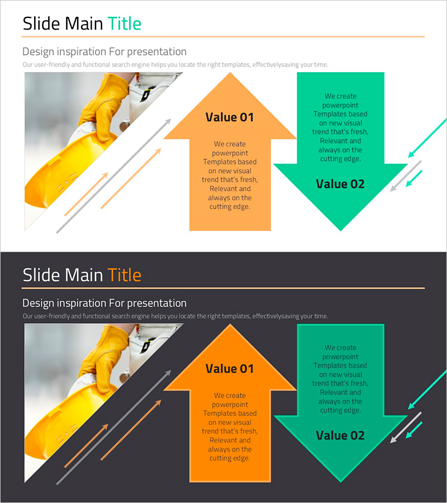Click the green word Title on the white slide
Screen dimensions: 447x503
pyautogui.click(x=125, y=23)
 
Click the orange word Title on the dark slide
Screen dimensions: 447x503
pyautogui.click(x=125, y=275)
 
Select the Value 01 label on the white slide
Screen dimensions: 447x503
pyautogui.click(x=230, y=117)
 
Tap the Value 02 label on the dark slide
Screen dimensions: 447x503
pyautogui.click(x=340, y=435)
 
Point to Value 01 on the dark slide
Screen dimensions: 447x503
pyautogui.click(x=230, y=369)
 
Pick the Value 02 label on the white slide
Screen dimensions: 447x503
pyautogui.click(x=340, y=184)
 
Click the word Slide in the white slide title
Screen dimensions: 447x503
pyautogui.click(x=41, y=23)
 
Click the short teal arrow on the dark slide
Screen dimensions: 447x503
pyautogui.click(x=414, y=430)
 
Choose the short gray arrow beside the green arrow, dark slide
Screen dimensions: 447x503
pyautogui.click(x=406, y=428)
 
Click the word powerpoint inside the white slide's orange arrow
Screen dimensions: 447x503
pyautogui.click(x=230, y=153)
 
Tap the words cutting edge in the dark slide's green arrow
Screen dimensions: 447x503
pyautogui.click(x=340, y=410)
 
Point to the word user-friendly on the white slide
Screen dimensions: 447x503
pyautogui.click(x=52, y=64)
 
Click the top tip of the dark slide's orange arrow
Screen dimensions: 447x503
pyautogui.click(x=230, y=324)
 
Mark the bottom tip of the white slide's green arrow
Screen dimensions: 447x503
pyautogui.click(x=340, y=230)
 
